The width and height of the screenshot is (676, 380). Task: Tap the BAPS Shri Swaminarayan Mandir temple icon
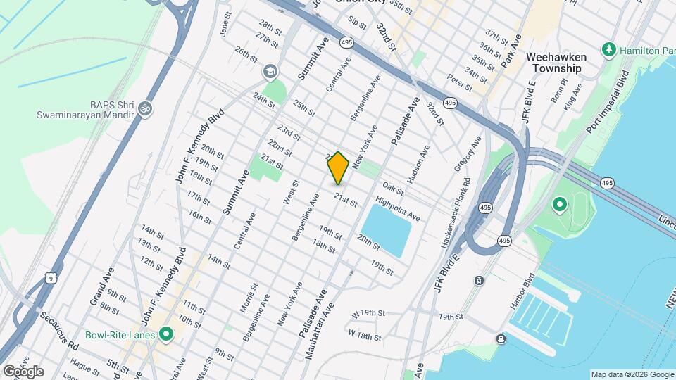point(146,109)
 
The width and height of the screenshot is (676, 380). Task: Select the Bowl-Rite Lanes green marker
point(166,334)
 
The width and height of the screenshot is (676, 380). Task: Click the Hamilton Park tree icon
point(608,51)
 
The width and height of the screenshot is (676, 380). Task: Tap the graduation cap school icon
point(270,72)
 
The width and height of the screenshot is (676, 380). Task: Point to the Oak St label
point(393,189)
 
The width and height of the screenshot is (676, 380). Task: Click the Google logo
point(23,371)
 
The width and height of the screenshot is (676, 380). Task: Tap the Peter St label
point(459,82)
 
